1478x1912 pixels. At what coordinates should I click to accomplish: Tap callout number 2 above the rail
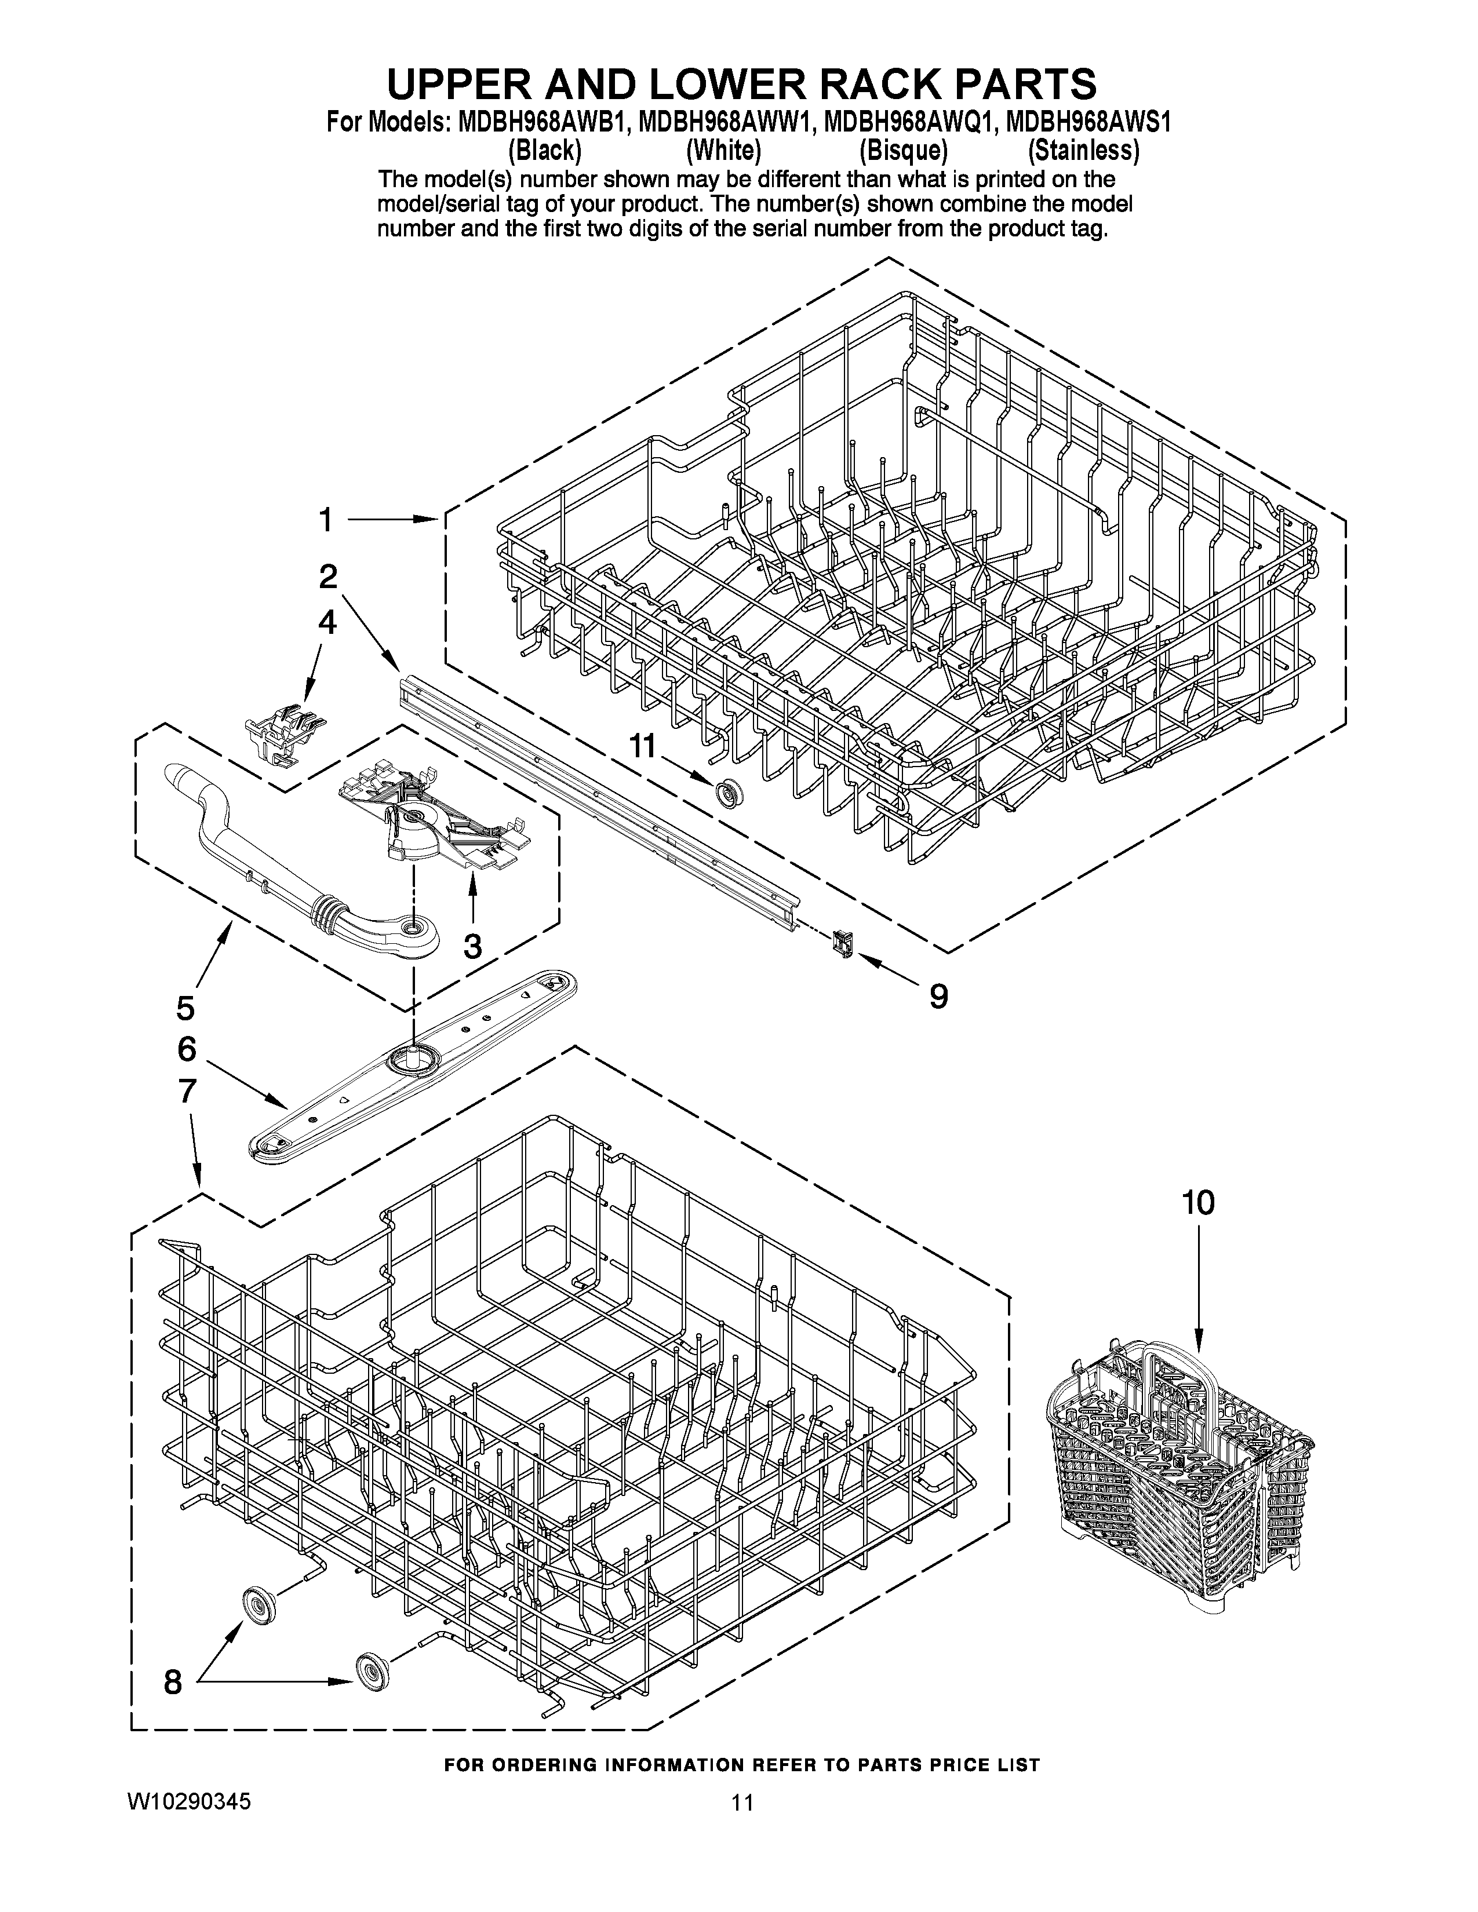[x=327, y=576]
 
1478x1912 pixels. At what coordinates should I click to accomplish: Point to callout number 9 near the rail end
[x=938, y=995]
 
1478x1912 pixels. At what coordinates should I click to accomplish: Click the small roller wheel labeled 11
[x=726, y=795]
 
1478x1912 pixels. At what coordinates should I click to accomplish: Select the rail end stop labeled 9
[x=844, y=942]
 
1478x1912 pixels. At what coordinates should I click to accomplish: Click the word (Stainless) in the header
[x=1083, y=151]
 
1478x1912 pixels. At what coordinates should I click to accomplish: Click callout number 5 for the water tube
[x=185, y=1008]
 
